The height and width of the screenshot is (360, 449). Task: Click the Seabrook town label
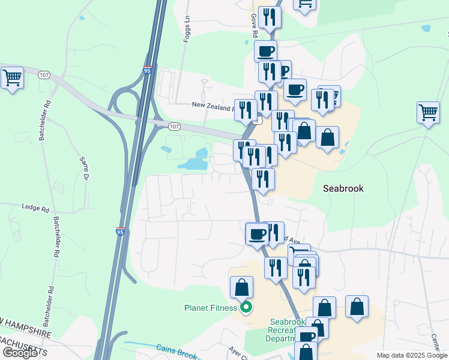tap(343, 188)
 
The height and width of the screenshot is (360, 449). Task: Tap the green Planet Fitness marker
tap(246, 308)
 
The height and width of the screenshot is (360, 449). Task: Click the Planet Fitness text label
tap(211, 308)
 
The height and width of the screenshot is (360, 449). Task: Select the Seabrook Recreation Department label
tap(288, 330)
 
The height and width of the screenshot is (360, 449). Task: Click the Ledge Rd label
tap(35, 208)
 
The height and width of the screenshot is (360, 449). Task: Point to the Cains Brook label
tap(176, 351)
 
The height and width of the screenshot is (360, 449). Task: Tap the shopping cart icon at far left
tap(12, 78)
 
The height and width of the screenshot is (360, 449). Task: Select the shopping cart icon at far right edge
tap(428, 112)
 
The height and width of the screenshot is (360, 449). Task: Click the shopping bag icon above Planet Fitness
tap(241, 287)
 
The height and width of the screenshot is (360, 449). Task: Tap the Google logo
tap(19, 353)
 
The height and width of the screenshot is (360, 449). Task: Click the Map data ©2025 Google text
tap(412, 355)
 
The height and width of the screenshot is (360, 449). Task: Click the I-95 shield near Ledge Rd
tap(120, 230)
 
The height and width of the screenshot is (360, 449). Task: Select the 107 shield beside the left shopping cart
tap(43, 75)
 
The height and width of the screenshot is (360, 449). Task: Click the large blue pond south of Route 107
tap(193, 164)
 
